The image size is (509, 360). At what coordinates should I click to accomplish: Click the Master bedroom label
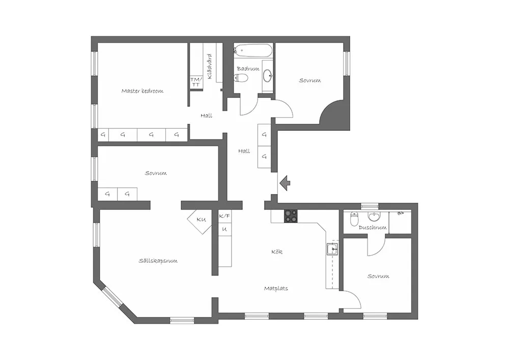tap(142, 91)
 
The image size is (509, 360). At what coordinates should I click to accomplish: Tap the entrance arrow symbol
tap(285, 183)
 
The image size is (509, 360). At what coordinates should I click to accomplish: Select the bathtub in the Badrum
tap(253, 50)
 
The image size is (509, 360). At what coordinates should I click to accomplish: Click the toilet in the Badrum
tap(241, 78)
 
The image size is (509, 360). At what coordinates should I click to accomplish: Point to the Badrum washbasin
tap(268, 76)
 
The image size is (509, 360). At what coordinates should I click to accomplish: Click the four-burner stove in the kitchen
tap(291, 216)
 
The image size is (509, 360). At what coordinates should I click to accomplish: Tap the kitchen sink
tap(332, 250)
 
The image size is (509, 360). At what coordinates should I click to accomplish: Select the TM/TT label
tap(196, 82)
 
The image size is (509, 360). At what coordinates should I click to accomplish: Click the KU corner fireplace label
tap(201, 220)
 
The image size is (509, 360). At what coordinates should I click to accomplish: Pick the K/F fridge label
tap(224, 216)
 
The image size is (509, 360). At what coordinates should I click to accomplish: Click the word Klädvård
tap(210, 66)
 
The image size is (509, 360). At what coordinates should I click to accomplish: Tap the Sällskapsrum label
tap(158, 261)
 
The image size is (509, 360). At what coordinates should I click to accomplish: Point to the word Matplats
tap(276, 288)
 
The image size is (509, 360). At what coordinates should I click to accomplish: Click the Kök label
tap(277, 252)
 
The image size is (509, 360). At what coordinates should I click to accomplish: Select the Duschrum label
tap(373, 228)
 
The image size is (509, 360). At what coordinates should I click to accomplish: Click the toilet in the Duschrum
tap(354, 218)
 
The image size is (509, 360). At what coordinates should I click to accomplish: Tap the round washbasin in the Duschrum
tap(374, 216)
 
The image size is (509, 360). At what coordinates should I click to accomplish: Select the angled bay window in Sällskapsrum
tap(112, 296)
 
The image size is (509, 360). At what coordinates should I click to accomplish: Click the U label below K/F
tap(224, 229)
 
